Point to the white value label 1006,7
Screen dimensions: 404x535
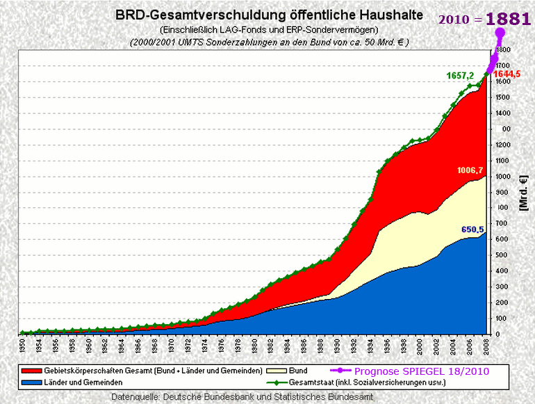tap(470, 170)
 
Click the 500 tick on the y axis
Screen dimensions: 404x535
tap(500, 255)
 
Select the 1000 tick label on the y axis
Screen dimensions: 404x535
tap(501, 177)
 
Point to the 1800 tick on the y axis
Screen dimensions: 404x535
tap(501, 50)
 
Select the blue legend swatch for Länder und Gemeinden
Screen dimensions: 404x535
tap(33, 382)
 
